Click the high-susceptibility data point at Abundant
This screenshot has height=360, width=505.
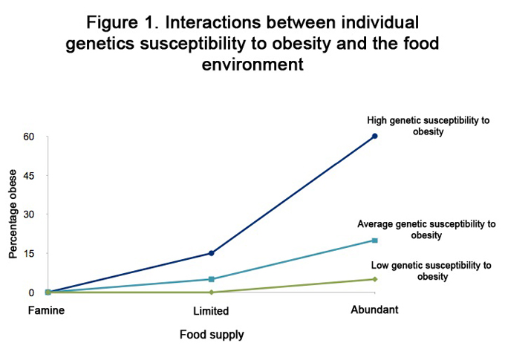pyautogui.click(x=375, y=136)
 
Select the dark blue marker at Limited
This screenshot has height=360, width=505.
pyautogui.click(x=212, y=253)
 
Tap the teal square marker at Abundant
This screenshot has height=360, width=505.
pyautogui.click(x=375, y=240)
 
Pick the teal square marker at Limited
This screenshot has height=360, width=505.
pyautogui.click(x=212, y=279)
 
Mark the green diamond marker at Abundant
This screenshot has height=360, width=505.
pyautogui.click(x=375, y=279)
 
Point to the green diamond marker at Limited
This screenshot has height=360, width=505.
pyautogui.click(x=212, y=292)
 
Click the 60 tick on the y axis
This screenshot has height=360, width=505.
pyautogui.click(x=29, y=137)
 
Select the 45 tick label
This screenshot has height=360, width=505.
pyautogui.click(x=29, y=176)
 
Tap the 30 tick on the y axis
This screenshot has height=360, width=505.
pyautogui.click(x=29, y=215)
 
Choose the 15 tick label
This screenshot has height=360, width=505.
pyautogui.click(x=29, y=253)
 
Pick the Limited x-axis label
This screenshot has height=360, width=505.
pyautogui.click(x=211, y=311)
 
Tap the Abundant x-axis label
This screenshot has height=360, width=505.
pyautogui.click(x=374, y=310)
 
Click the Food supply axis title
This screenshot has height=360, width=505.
pyautogui.click(x=212, y=335)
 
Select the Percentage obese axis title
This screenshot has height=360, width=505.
pyautogui.click(x=13, y=215)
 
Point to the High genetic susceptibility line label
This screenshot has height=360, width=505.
pyautogui.click(x=429, y=126)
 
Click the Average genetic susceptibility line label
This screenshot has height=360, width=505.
pyautogui.click(x=426, y=229)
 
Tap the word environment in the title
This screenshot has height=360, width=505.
pyautogui.click(x=252, y=65)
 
